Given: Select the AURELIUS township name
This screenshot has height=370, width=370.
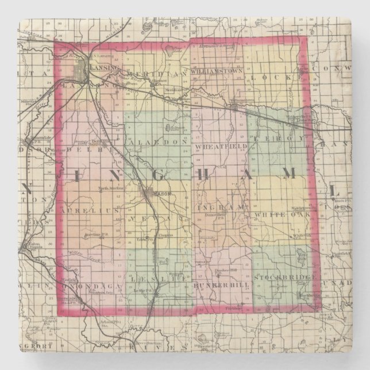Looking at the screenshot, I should click(x=90, y=212).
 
